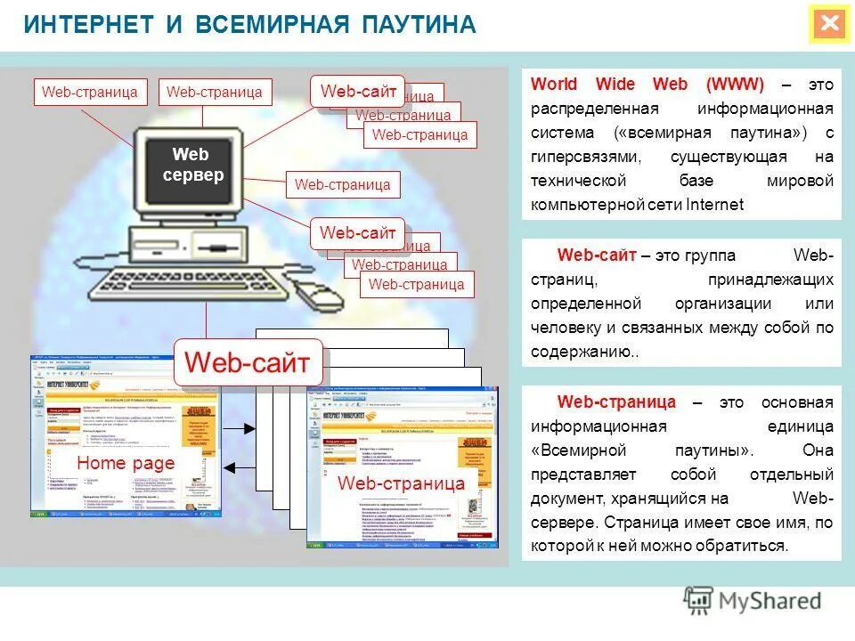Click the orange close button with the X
pyautogui.click(x=829, y=24)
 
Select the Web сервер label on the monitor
pyautogui.click(x=192, y=165)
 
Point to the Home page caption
pyautogui.click(x=126, y=463)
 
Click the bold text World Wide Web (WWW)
pyautogui.click(x=647, y=85)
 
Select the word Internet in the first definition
pyautogui.click(x=714, y=205)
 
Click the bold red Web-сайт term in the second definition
pyautogui.click(x=596, y=256)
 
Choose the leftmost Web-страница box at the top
pyautogui.click(x=89, y=92)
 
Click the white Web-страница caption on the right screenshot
pyautogui.click(x=401, y=483)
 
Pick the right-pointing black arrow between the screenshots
pyautogui.click(x=240, y=429)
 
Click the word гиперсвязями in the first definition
pyautogui.click(x=585, y=157)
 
